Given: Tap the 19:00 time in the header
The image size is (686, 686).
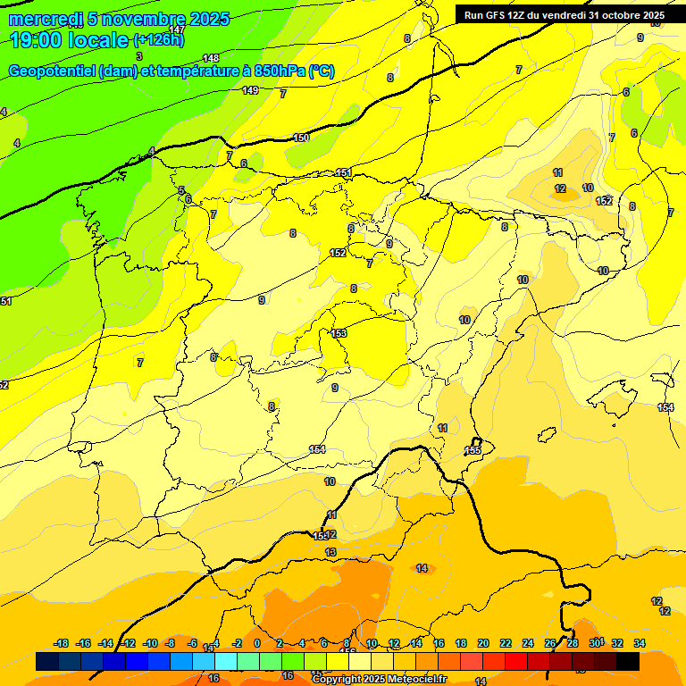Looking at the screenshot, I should pos(38,40).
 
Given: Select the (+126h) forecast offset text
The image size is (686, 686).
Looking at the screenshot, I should pos(159,40).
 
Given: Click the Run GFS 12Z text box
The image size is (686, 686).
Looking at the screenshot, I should pos(564,15).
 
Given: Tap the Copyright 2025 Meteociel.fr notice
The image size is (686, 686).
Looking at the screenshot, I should pos(380,680).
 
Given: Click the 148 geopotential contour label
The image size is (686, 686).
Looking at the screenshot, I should pos(211,58).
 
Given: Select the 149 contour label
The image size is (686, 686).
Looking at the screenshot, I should pos(250,90).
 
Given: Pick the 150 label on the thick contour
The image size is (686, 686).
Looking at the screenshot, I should pos(301,138).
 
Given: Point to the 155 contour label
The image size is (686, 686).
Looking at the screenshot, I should pos(473,450).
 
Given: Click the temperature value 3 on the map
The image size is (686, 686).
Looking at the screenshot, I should pos(138,56).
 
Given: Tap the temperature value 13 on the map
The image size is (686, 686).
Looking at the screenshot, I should pos(331,553).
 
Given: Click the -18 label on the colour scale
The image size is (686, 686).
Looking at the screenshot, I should pos(62,643).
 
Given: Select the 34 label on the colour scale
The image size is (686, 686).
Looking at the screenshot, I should pos(640,643).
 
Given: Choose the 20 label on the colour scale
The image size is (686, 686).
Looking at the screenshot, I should pos(483,643).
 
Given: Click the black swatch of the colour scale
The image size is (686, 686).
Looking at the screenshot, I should pos(628,661).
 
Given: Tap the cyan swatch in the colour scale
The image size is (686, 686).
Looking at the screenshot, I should pos(226,661).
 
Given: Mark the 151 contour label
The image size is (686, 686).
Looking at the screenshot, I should pos(344,172).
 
